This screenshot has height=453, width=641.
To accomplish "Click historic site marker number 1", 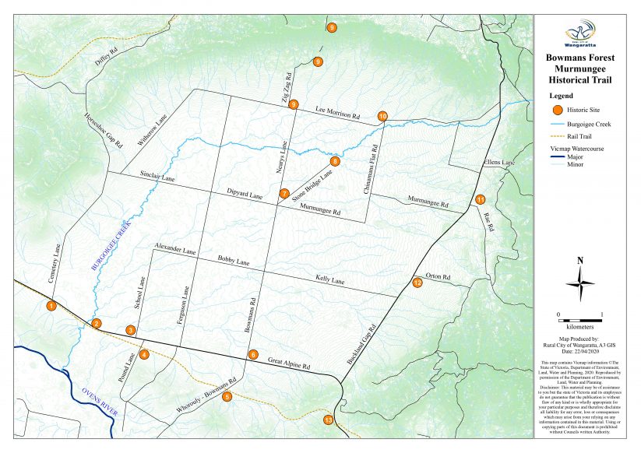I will click(51, 306).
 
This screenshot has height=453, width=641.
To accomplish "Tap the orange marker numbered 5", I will click(227, 397).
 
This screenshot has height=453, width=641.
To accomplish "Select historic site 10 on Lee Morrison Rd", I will click(382, 116).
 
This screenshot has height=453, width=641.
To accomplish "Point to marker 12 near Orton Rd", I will click(417, 283).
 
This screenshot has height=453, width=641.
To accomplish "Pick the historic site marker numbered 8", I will click(336, 161).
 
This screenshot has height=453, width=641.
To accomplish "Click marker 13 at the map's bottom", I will click(329, 420).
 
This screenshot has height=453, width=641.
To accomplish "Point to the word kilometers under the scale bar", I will click(579, 328).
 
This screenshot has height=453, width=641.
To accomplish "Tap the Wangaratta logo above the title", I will click(580, 35).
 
